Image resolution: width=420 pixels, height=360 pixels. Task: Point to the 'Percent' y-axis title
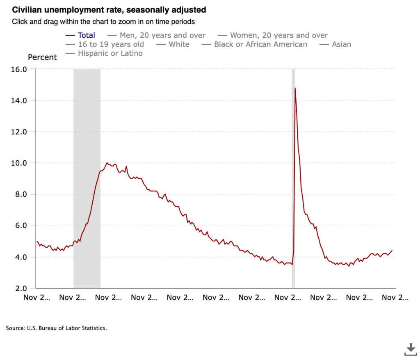tap(42, 57)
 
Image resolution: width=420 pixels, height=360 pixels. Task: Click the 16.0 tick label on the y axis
tap(19, 69)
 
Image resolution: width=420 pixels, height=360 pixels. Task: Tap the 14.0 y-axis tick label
tap(19, 100)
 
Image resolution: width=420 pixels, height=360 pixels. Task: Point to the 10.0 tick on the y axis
tap(19, 163)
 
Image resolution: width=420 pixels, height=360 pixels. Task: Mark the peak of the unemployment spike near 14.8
tap(295, 88)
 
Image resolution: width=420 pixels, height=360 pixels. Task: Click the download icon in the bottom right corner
tap(411, 349)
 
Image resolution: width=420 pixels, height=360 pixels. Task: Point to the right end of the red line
tap(392, 251)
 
